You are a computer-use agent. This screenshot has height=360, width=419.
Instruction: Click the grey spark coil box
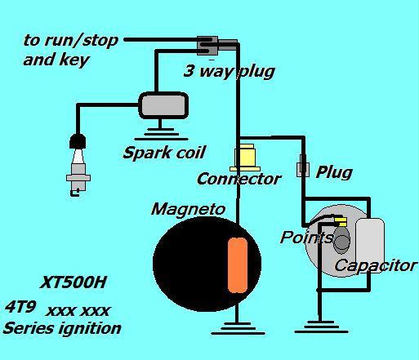click(163, 105)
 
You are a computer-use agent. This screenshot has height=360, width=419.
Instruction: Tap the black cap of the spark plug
click(78, 141)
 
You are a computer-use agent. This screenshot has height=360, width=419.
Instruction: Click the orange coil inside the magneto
click(238, 265)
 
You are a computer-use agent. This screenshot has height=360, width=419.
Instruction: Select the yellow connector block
click(244, 158)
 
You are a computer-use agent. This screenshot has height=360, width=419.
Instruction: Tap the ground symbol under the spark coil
click(161, 134)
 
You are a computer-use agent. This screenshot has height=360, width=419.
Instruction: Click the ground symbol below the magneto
click(238, 328)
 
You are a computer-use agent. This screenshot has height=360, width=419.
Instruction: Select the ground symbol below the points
click(321, 327)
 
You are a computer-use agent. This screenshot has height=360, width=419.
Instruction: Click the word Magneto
click(188, 210)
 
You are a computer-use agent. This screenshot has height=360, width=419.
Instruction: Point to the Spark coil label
click(164, 153)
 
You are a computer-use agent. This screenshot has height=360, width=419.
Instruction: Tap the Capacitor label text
click(376, 265)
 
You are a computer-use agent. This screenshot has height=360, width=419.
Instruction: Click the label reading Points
click(307, 237)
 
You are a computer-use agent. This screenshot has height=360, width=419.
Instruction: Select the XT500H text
click(73, 282)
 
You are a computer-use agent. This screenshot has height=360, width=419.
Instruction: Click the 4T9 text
click(20, 308)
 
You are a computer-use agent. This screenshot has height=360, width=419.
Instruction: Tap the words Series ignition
click(62, 328)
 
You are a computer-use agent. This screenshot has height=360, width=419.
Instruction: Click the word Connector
click(238, 179)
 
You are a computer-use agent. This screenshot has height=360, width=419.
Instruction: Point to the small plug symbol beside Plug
click(303, 166)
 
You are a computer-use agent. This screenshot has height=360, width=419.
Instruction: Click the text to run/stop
click(70, 41)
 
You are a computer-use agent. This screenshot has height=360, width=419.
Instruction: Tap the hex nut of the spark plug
click(78, 178)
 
